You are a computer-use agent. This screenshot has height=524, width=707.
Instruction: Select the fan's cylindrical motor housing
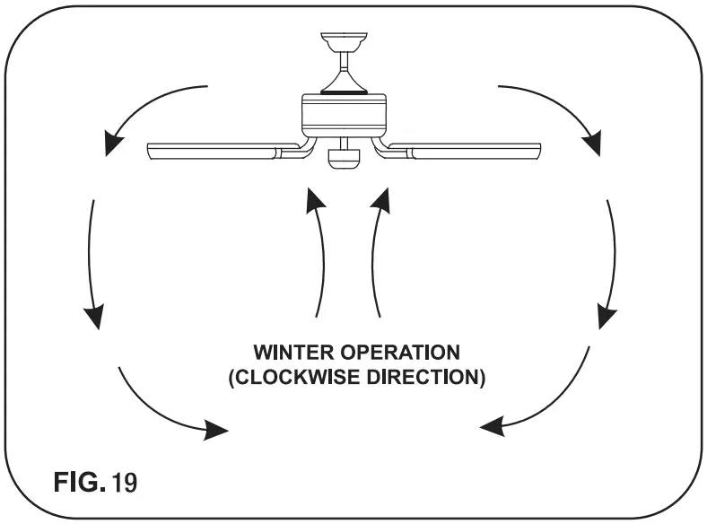344,115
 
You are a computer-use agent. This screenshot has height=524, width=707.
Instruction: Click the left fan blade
215,149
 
